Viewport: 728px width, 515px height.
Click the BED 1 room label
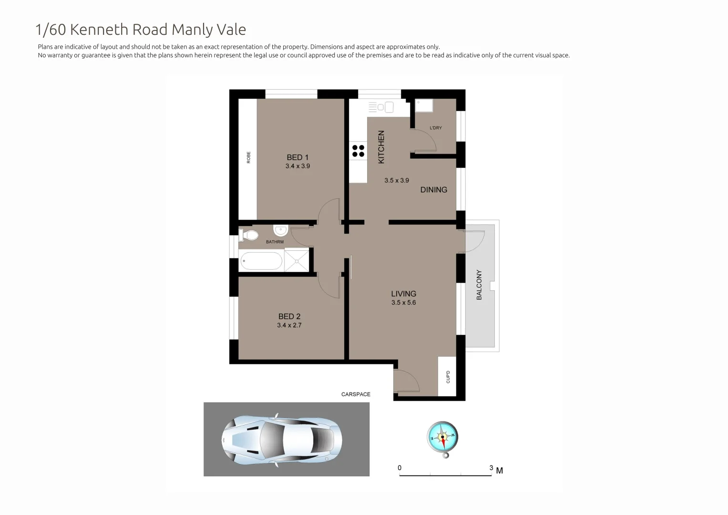(297, 157)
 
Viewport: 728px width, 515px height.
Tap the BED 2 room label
(289, 316)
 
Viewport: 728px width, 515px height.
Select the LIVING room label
(403, 294)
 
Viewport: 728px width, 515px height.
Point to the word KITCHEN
(381, 147)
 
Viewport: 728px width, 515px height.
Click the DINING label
(433, 190)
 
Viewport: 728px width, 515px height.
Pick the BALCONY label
(479, 285)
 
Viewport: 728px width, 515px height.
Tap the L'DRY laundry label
(436, 128)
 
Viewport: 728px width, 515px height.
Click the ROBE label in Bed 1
(248, 157)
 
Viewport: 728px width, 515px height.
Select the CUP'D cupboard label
(448, 377)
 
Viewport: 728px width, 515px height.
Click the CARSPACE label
(356, 394)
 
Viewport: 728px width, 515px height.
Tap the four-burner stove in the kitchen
(358, 151)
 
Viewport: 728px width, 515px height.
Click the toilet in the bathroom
(249, 235)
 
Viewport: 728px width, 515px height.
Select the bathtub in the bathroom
(261, 261)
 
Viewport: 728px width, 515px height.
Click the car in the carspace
(281, 439)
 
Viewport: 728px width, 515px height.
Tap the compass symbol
(442, 437)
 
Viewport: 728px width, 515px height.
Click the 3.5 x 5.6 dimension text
(403, 303)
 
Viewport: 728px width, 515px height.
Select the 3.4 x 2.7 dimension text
(289, 325)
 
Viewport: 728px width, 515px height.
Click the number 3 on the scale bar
(491, 468)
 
